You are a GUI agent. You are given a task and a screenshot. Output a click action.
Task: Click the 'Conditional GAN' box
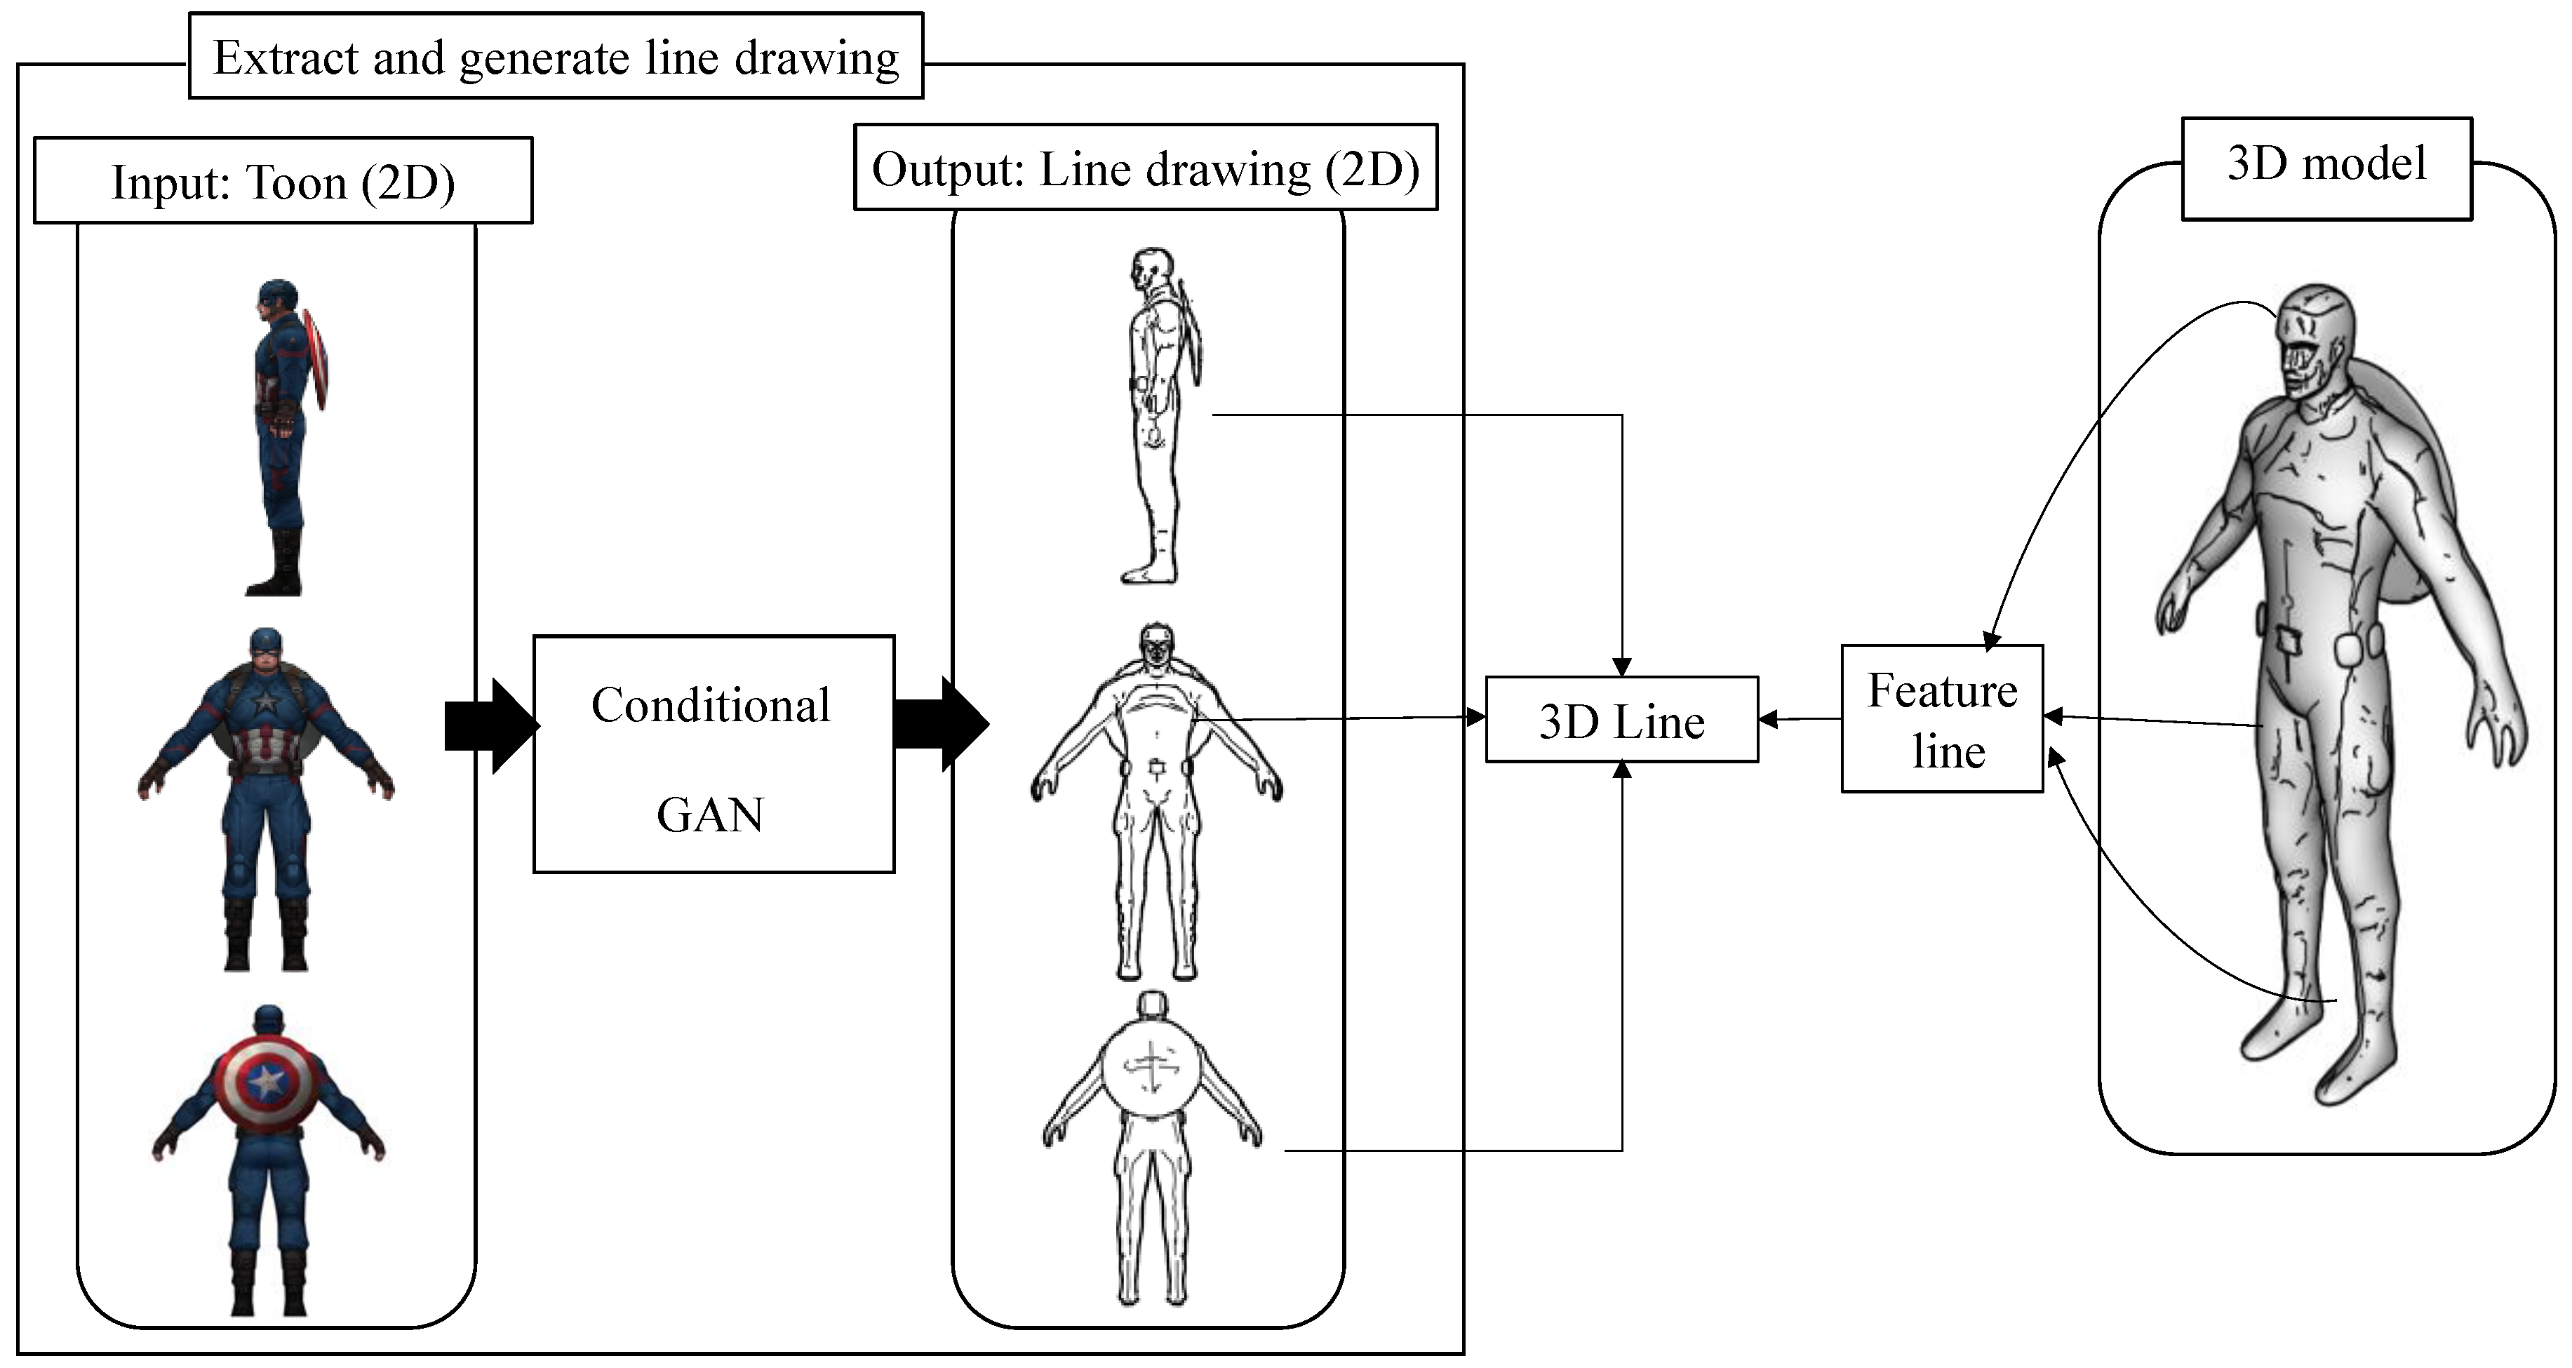(713, 755)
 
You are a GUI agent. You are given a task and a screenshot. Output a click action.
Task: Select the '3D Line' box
(1621, 720)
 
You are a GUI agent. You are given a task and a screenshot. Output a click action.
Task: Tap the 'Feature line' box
(1942, 719)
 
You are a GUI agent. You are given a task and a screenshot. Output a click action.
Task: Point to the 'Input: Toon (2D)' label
(283, 182)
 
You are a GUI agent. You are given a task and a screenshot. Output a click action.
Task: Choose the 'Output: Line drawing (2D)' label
(1145, 168)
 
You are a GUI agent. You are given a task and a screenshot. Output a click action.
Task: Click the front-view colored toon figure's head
(266, 651)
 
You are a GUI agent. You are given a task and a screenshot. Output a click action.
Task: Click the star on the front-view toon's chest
(266, 704)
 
